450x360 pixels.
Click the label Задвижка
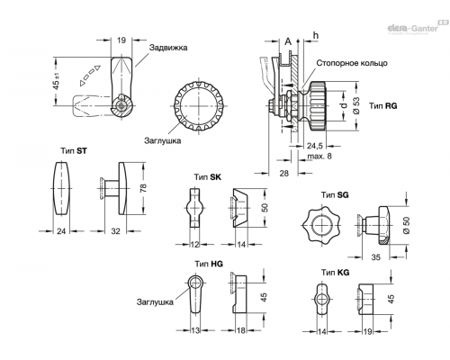[168, 48]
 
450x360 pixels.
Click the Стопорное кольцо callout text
[352, 63]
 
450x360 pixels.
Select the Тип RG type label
[382, 106]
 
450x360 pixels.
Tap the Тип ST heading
[74, 151]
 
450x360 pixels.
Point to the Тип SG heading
[335, 195]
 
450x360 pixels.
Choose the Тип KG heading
[336, 273]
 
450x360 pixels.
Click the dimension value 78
[144, 188]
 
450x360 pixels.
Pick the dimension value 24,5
[315, 146]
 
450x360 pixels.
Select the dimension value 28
[283, 173]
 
